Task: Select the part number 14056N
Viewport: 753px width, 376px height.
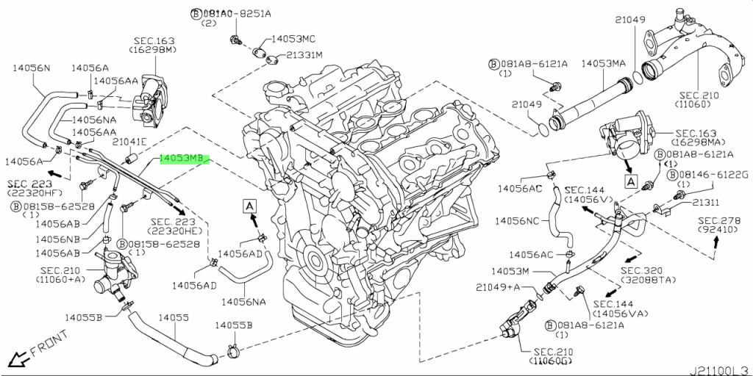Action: click(31, 68)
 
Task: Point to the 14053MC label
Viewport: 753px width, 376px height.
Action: click(293, 39)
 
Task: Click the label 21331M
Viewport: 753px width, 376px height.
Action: click(305, 54)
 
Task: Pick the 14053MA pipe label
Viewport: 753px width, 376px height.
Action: click(604, 63)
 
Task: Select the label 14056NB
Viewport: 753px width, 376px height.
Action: click(57, 238)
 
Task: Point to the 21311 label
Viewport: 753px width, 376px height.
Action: click(705, 203)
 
